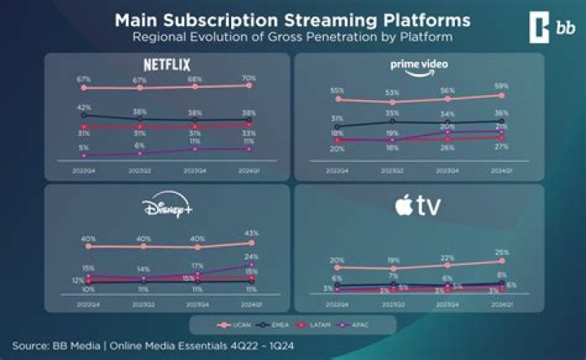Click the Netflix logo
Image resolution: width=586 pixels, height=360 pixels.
[166, 62]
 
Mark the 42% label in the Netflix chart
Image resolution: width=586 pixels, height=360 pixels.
[84, 108]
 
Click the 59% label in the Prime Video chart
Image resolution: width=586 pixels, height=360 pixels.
[501, 86]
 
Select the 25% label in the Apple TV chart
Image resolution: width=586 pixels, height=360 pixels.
[501, 252]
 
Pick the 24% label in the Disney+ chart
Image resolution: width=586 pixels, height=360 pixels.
[251, 257]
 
